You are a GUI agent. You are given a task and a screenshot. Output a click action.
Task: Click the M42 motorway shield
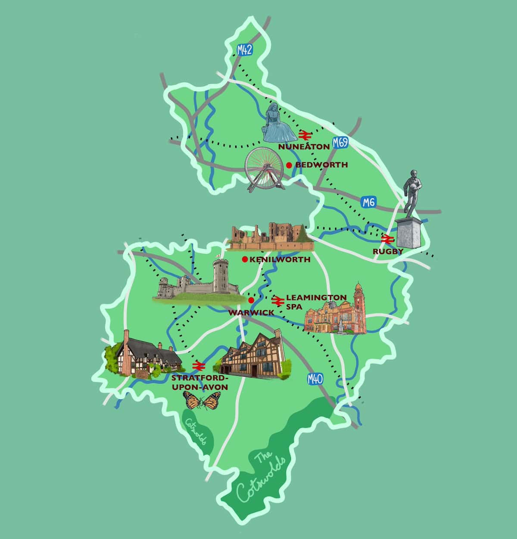[244, 50]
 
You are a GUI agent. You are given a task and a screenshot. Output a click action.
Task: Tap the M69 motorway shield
[340, 143]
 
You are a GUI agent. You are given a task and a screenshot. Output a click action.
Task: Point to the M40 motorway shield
[315, 379]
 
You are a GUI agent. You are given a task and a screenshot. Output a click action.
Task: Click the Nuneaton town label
[304, 147]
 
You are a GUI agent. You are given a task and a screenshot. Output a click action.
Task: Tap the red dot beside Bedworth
[289, 165]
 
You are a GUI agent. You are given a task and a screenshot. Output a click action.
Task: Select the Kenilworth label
[280, 259]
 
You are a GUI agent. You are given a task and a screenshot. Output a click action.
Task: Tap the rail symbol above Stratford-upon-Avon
[198, 365]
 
